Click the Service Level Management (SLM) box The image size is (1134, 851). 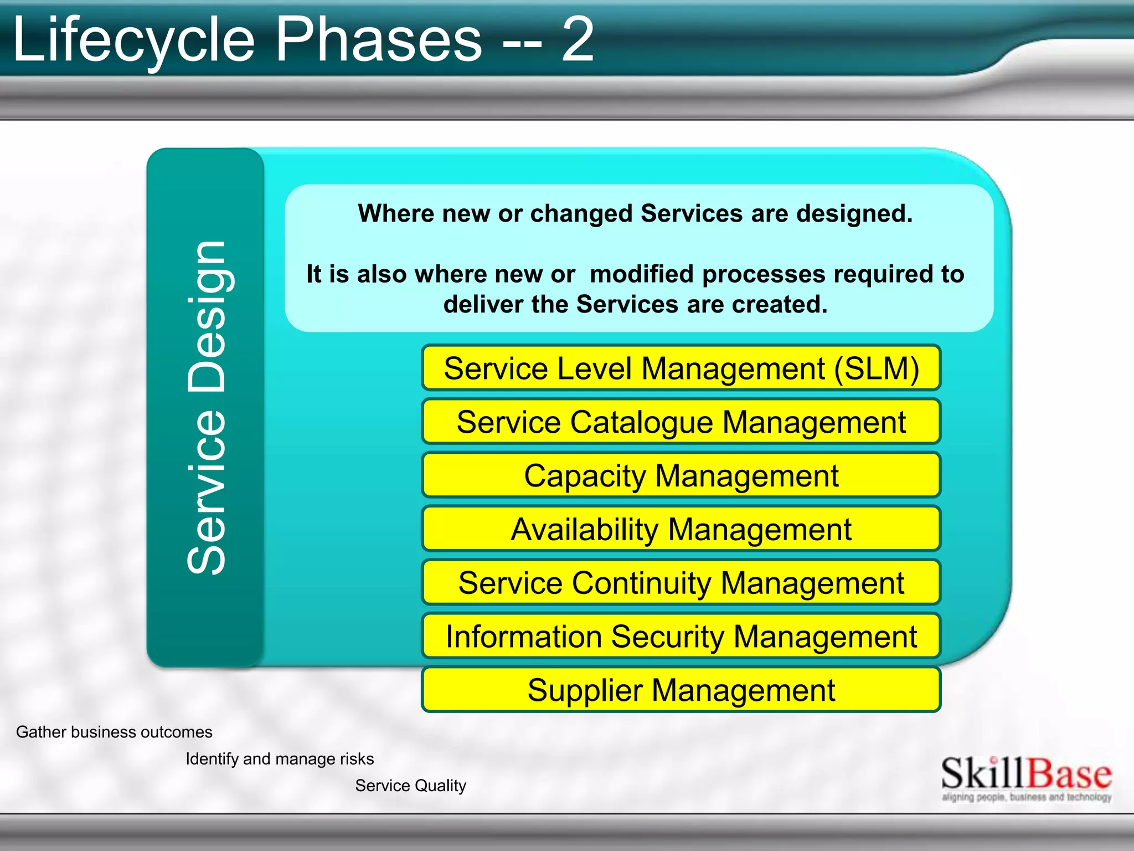pos(681,368)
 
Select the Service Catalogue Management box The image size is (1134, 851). pos(681,422)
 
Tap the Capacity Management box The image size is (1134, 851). pos(681,475)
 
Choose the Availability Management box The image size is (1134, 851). pos(681,529)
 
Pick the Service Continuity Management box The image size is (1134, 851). pos(681,583)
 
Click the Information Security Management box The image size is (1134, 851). pos(681,636)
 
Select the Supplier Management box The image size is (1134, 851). pos(681,690)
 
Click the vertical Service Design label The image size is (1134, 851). pos(206,408)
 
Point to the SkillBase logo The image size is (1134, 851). pos(1026,774)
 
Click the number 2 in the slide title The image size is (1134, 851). pos(578,40)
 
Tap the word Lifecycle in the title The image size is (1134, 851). pos(133,40)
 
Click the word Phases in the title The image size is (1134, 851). pos(379,40)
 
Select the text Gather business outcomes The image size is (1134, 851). pos(114,732)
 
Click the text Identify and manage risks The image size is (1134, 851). pos(280,758)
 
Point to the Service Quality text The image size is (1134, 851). pos(410,785)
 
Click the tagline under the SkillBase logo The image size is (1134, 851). pos(1026,797)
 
